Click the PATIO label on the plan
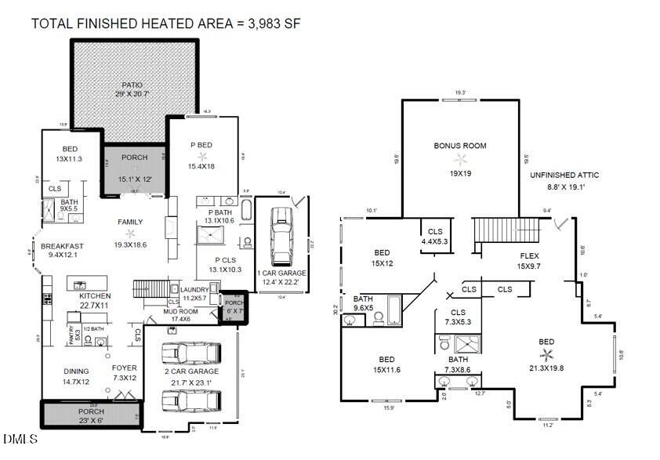click(x=132, y=85)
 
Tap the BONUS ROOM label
click(x=461, y=146)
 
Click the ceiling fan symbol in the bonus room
click(x=461, y=159)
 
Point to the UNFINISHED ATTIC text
click(x=562, y=175)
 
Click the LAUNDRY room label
click(x=193, y=288)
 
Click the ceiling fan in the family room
click(x=130, y=234)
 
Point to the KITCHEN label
click(x=95, y=296)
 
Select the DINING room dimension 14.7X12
click(x=77, y=382)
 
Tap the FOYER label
click(x=124, y=368)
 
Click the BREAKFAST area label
click(x=62, y=245)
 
